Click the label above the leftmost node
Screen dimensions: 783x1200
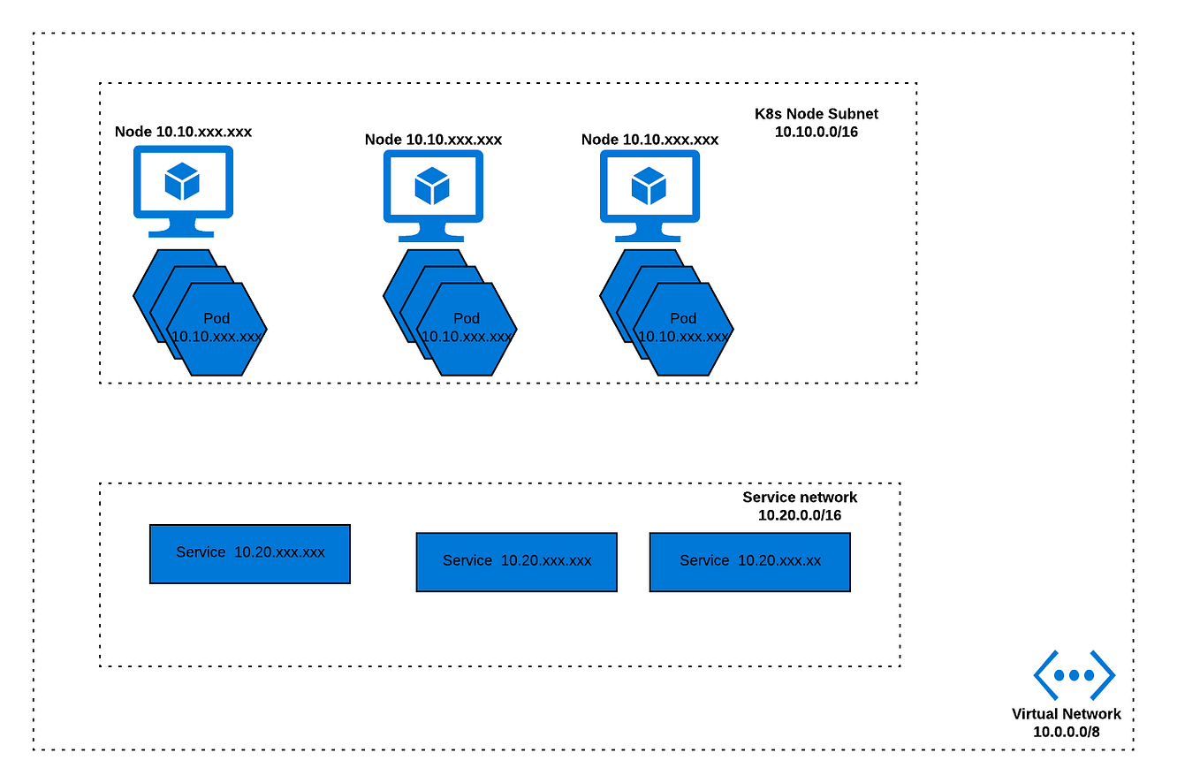(183, 132)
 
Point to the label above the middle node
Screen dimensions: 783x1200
(433, 140)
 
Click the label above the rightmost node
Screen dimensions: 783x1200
(649, 140)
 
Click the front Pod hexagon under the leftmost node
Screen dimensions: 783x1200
(216, 329)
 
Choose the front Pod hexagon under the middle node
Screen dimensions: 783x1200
(467, 329)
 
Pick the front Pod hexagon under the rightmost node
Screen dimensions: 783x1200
(683, 329)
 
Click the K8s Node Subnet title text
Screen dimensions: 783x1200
(816, 114)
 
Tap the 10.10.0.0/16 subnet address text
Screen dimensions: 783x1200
(816, 132)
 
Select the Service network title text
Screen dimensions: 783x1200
(799, 498)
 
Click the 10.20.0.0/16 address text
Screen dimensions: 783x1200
(799, 515)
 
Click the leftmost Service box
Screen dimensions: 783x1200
(250, 553)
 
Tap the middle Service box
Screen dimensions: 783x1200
(516, 561)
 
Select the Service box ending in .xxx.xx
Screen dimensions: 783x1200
(749, 561)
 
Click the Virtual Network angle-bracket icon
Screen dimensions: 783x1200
(1074, 675)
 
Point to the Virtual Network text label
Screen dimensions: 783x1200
(1066, 714)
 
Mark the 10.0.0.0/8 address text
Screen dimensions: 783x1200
(1066, 732)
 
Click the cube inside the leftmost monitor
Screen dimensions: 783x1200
(182, 182)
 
